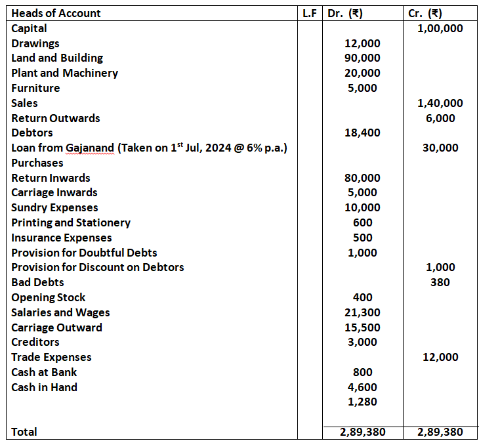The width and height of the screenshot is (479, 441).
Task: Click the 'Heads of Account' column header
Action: [56, 13]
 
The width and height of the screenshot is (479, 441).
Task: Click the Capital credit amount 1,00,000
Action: [440, 28]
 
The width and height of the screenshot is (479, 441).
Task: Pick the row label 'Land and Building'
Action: [57, 58]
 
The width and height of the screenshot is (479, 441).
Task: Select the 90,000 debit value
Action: [362, 58]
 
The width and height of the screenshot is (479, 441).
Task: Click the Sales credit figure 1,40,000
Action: [440, 103]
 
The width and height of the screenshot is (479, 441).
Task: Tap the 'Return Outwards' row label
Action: [56, 118]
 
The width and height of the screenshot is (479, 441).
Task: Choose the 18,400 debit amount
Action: [362, 133]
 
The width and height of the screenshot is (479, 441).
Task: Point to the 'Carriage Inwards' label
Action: [54, 192]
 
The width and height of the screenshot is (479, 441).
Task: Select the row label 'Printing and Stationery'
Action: [71, 222]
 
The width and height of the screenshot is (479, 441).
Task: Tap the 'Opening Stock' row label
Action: [49, 297]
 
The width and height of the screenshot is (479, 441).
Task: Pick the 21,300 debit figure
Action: [362, 312]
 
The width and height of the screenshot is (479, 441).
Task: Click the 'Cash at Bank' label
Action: [44, 372]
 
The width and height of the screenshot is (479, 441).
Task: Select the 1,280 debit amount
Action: [362, 402]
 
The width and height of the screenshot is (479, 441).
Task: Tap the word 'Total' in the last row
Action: [24, 432]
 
